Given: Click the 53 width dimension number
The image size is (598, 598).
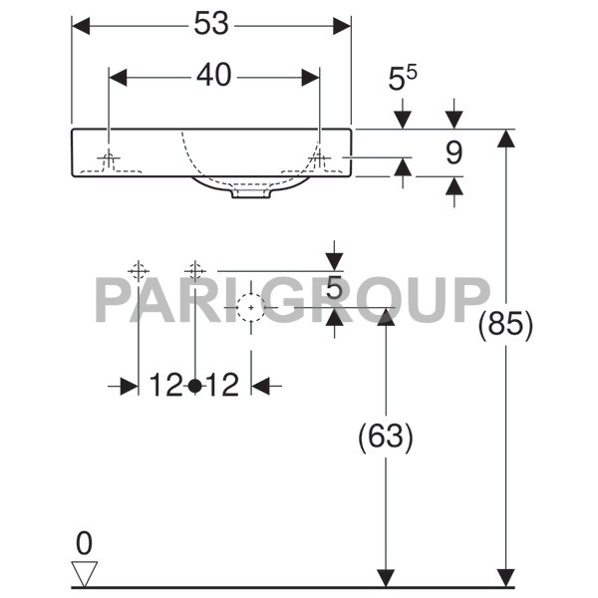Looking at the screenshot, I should click(211, 25).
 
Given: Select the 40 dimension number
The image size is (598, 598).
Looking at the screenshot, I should click(212, 76).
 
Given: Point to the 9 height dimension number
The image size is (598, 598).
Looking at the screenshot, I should click(454, 152).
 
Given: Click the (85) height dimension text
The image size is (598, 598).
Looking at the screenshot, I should click(506, 326).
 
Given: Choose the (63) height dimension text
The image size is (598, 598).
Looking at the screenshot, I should click(385, 437).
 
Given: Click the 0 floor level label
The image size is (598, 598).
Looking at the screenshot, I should click(84, 543).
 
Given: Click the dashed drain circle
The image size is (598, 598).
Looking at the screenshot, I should click(250, 307).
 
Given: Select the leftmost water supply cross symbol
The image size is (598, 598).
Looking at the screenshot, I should click(138, 270).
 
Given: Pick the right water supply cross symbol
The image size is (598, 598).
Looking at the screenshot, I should click(195, 270).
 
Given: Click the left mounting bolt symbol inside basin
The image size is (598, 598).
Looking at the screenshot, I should click(109, 159).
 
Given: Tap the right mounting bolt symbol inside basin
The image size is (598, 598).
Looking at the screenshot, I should click(318, 159).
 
